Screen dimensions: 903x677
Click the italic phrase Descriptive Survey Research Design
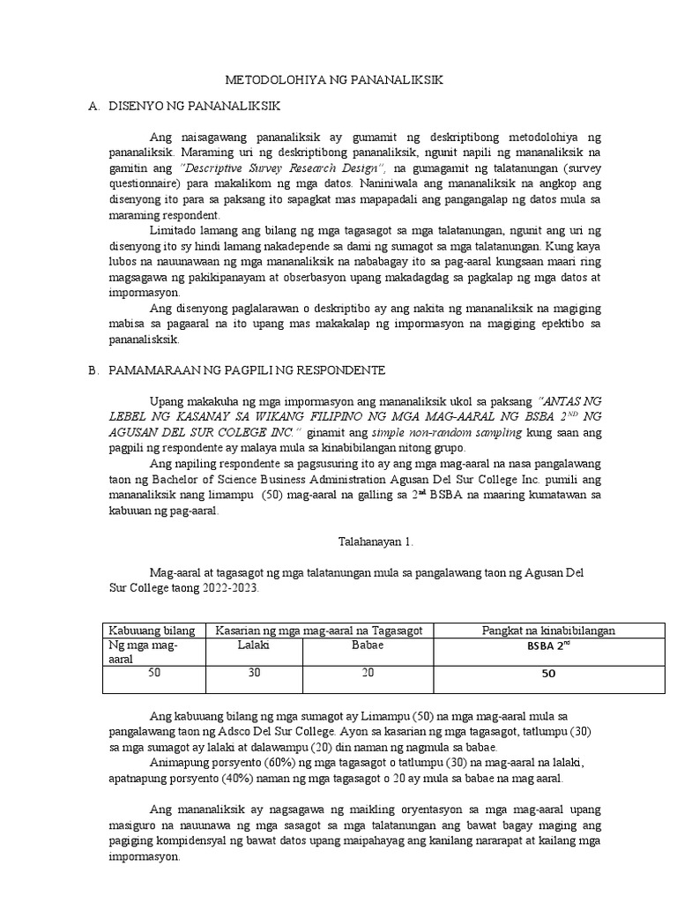282,168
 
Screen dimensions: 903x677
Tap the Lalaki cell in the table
253,646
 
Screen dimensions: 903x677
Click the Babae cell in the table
368,646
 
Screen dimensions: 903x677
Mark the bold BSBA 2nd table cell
548,646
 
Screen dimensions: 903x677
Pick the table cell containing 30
253,674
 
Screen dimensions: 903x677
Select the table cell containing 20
368,674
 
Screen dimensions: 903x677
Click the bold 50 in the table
548,675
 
